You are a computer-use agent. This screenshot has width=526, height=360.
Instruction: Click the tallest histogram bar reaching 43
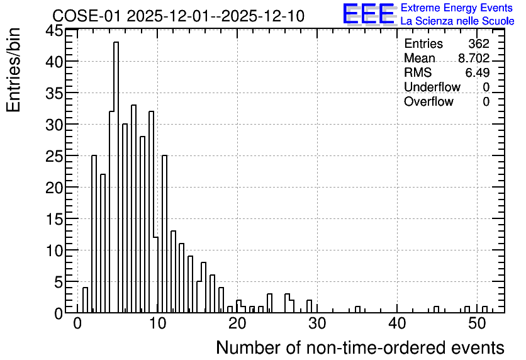click(116, 177)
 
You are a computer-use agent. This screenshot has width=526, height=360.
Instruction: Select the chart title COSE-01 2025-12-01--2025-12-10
click(178, 16)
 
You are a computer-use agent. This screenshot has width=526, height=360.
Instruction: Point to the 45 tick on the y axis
click(54, 31)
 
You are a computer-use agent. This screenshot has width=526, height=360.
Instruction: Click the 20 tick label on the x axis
click(237, 323)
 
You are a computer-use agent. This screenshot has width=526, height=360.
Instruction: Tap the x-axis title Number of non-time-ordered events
click(360, 347)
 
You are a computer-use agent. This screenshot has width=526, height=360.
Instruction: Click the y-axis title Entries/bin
click(13, 70)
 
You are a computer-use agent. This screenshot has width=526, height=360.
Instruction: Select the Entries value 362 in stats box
click(479, 43)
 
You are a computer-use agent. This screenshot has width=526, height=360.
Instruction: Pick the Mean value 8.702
click(474, 58)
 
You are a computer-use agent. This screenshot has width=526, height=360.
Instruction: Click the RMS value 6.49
click(478, 72)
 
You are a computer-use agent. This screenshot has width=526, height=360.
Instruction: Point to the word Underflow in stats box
click(432, 87)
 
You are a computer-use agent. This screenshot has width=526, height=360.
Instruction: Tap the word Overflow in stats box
click(428, 101)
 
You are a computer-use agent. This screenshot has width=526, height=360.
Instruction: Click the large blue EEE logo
click(368, 14)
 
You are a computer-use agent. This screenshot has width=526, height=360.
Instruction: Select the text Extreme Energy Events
click(457, 8)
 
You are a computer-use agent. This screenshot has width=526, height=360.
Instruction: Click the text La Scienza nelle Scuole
click(457, 21)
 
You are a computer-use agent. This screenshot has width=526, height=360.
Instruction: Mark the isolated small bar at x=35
click(357, 310)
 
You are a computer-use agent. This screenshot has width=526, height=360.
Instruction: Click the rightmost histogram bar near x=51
click(484, 310)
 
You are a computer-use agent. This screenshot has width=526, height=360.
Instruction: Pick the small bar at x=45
click(436, 310)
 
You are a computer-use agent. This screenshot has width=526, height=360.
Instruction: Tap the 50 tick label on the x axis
click(477, 323)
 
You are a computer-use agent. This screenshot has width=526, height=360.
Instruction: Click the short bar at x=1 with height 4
click(85, 300)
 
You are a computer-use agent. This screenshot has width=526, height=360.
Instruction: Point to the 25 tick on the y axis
click(54, 156)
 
